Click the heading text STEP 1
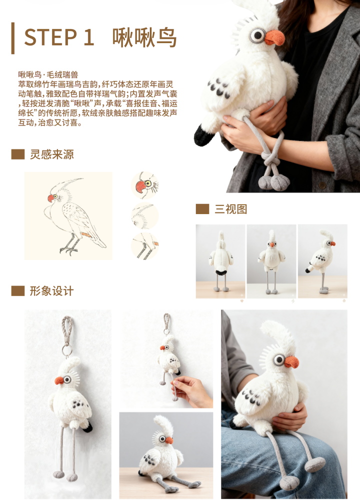(x=59, y=37)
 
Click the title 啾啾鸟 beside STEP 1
(x=144, y=37)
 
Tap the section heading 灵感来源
(x=51, y=154)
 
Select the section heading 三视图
(x=231, y=209)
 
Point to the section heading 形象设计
(x=51, y=291)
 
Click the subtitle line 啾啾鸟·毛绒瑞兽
(x=48, y=75)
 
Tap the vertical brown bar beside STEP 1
(x=13, y=38)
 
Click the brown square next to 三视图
(x=202, y=209)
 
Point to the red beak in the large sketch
(x=51, y=198)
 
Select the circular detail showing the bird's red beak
(x=144, y=185)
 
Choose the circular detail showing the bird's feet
(x=144, y=246)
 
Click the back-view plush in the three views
(x=221, y=260)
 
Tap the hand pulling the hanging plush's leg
(x=192, y=391)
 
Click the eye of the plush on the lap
(x=279, y=360)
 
